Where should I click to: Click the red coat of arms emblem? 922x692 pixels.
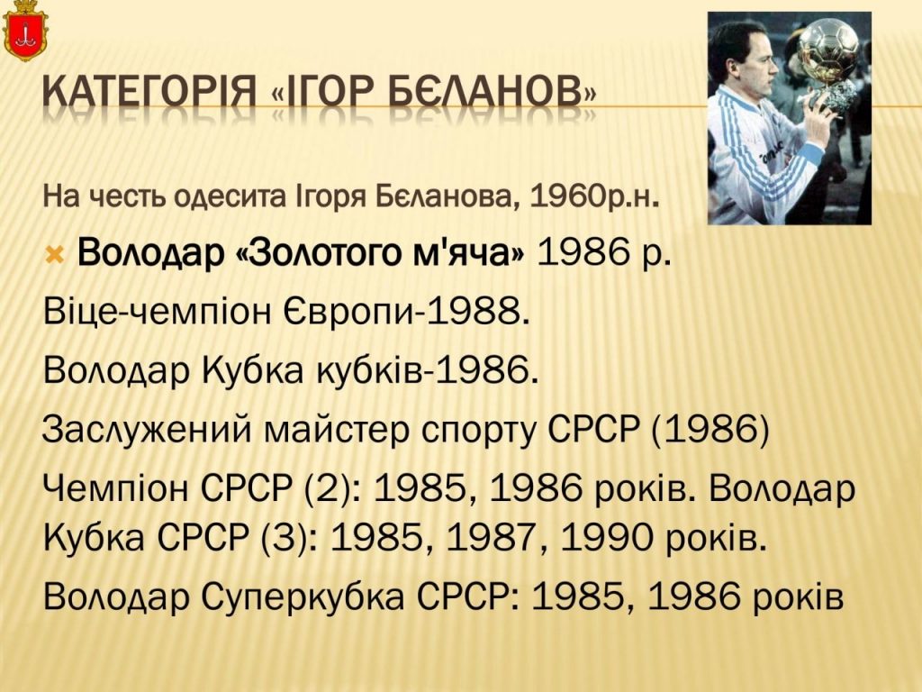[24, 31]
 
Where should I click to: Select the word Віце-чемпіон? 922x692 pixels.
[157, 313]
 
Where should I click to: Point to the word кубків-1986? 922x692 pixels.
[428, 370]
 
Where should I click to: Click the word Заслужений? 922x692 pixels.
[147, 430]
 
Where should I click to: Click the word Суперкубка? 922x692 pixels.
[303, 596]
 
